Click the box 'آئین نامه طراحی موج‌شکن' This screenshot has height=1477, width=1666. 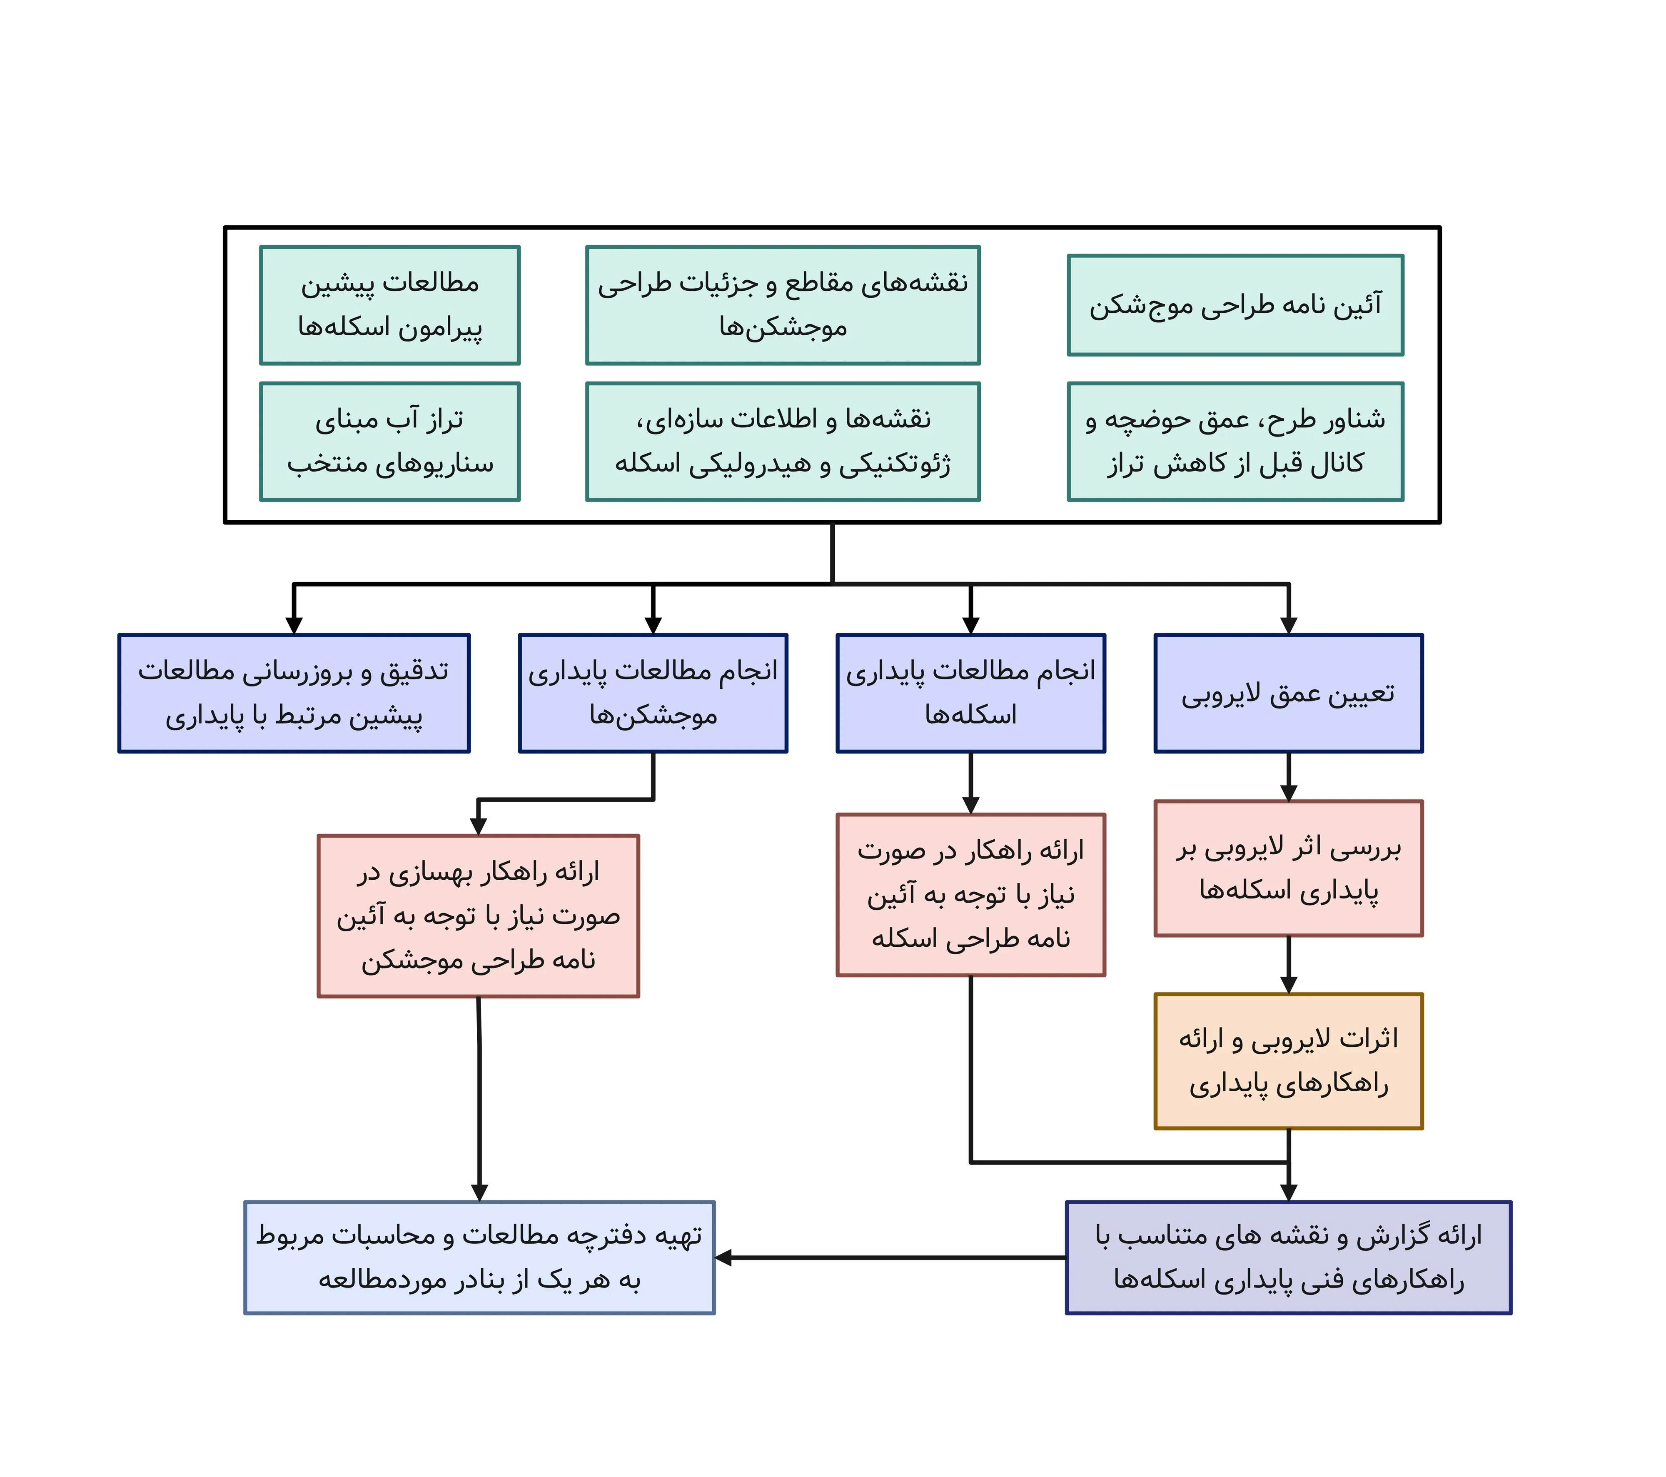(x=1235, y=305)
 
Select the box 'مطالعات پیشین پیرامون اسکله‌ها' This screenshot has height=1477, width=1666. (x=389, y=305)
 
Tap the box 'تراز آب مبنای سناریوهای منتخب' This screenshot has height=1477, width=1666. (x=389, y=441)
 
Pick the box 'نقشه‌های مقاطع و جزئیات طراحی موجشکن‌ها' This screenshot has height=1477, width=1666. (x=783, y=305)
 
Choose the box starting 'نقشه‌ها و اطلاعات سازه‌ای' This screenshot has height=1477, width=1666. (x=783, y=441)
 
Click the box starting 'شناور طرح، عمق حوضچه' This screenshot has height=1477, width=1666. (x=1235, y=441)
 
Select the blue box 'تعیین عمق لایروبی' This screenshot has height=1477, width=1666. (x=1288, y=693)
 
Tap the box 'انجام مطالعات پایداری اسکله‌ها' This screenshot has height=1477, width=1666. (x=970, y=693)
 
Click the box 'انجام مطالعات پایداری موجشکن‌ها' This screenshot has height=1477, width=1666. (x=653, y=693)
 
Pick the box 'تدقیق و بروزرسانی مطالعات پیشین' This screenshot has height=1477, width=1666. (x=294, y=693)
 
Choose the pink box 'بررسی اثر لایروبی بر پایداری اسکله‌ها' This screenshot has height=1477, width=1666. (x=1288, y=868)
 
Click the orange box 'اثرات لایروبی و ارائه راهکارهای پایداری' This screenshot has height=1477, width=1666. (x=1288, y=1060)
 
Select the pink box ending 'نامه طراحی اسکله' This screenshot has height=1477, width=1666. (x=970, y=894)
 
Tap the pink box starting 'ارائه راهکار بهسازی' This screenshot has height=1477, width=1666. (x=479, y=916)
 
